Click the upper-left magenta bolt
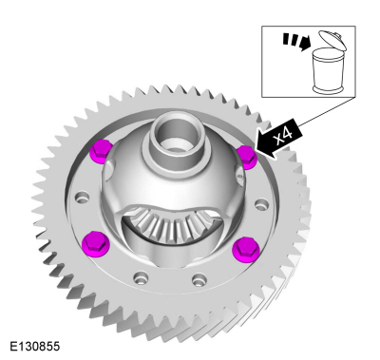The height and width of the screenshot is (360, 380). (x=101, y=151)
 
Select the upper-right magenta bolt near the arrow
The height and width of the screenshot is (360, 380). (x=247, y=157)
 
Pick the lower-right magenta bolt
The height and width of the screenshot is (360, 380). (x=246, y=248)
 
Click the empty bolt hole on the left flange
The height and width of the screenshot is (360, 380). (x=82, y=197)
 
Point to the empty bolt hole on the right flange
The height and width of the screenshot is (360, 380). (x=261, y=203)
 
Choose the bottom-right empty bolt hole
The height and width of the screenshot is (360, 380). (x=199, y=279)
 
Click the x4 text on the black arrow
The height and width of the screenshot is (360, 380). (x=283, y=136)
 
